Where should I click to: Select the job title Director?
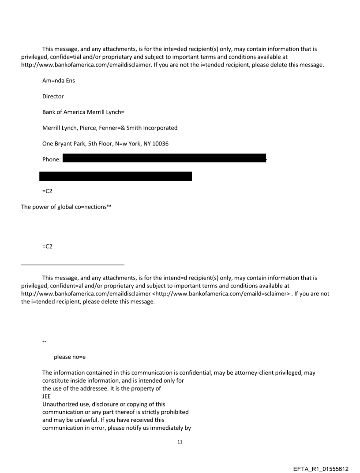(53, 97)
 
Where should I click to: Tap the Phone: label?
(52, 159)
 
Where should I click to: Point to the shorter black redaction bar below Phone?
(116, 176)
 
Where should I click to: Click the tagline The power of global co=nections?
(66, 207)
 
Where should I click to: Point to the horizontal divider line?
(73, 264)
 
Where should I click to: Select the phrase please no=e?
(69, 357)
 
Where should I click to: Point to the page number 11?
(180, 441)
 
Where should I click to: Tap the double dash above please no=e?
(44, 342)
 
